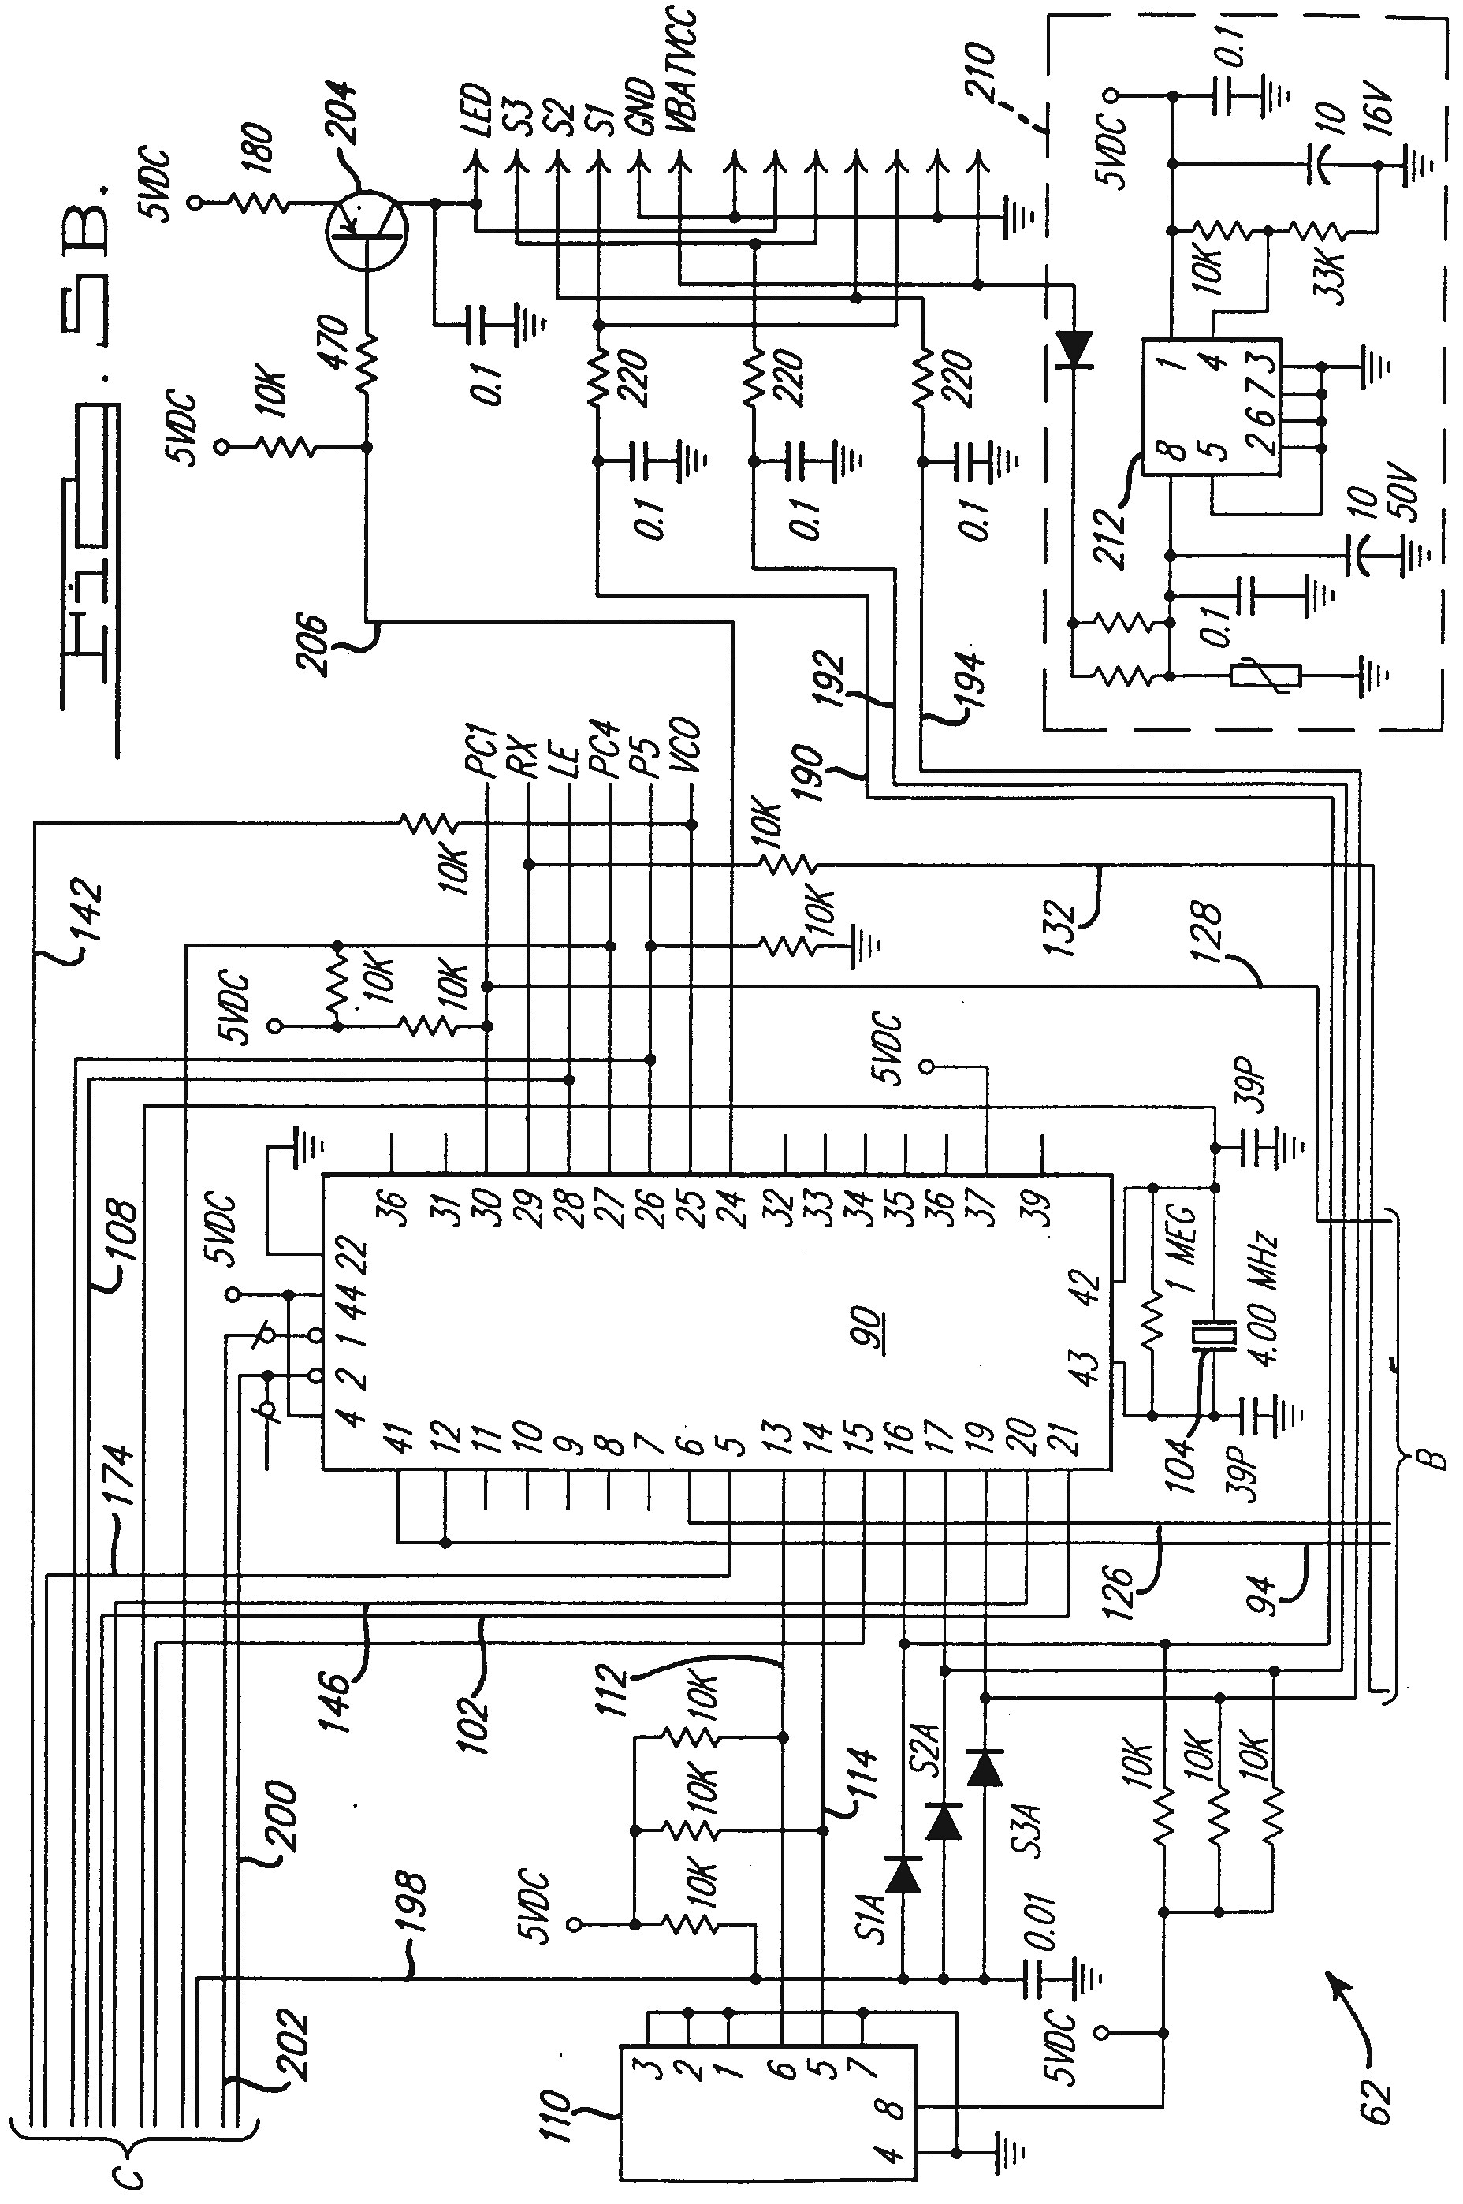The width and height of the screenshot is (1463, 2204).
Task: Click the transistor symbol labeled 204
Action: tap(367, 229)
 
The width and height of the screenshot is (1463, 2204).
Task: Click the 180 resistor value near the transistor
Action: tap(263, 147)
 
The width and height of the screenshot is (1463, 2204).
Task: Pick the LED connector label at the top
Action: tap(478, 110)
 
